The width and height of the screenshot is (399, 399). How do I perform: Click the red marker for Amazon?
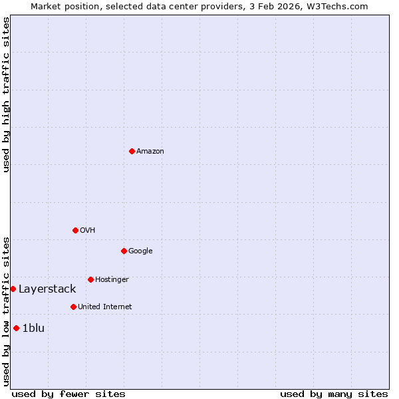132,151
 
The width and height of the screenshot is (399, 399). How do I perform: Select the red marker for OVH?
75,230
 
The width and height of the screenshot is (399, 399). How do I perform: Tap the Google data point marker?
124,251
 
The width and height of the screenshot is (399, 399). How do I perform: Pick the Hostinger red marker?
90,279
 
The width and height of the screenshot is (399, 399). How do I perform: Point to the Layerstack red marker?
13,289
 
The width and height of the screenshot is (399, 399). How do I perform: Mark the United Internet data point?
73,307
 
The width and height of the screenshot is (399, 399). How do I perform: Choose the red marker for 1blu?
16,328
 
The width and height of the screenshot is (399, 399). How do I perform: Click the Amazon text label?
150,152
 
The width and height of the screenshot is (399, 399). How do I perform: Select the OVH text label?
88,231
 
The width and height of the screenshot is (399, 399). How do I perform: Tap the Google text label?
140,251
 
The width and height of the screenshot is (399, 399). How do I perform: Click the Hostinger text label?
112,280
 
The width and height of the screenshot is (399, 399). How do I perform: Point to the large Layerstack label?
47,289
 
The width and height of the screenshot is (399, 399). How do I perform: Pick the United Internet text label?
105,307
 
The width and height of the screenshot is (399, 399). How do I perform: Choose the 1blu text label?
33,329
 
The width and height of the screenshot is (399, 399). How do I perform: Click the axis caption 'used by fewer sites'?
68,394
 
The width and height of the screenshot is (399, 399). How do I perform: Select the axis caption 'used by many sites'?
334,394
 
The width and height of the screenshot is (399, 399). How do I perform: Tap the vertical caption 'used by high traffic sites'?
6,94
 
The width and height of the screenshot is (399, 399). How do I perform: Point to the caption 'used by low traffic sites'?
6,311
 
